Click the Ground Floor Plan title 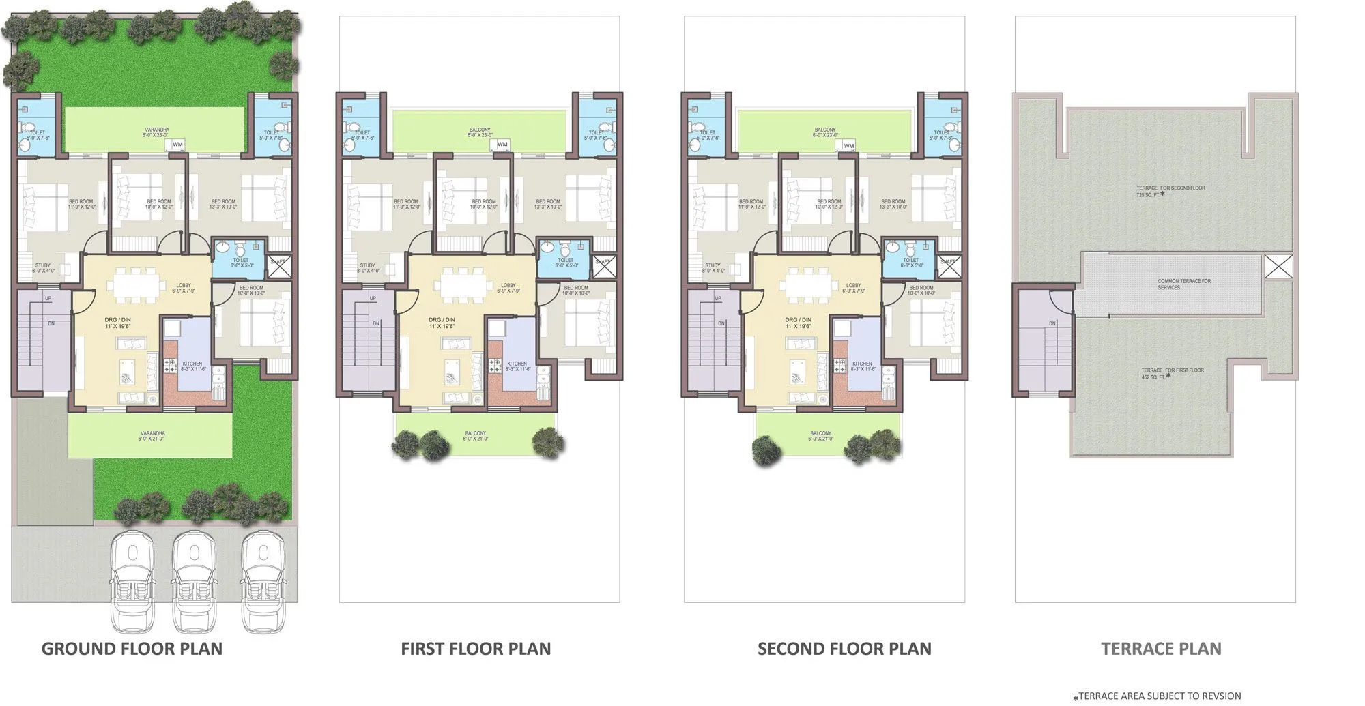tap(132, 648)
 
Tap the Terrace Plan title tap(1161, 648)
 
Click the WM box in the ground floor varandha tap(177, 144)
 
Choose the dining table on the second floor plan tap(809, 284)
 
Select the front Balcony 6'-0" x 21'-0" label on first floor tap(476, 436)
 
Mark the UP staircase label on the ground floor tap(48, 299)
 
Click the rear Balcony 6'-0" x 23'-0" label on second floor tap(824, 132)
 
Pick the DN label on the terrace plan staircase tap(1052, 323)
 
